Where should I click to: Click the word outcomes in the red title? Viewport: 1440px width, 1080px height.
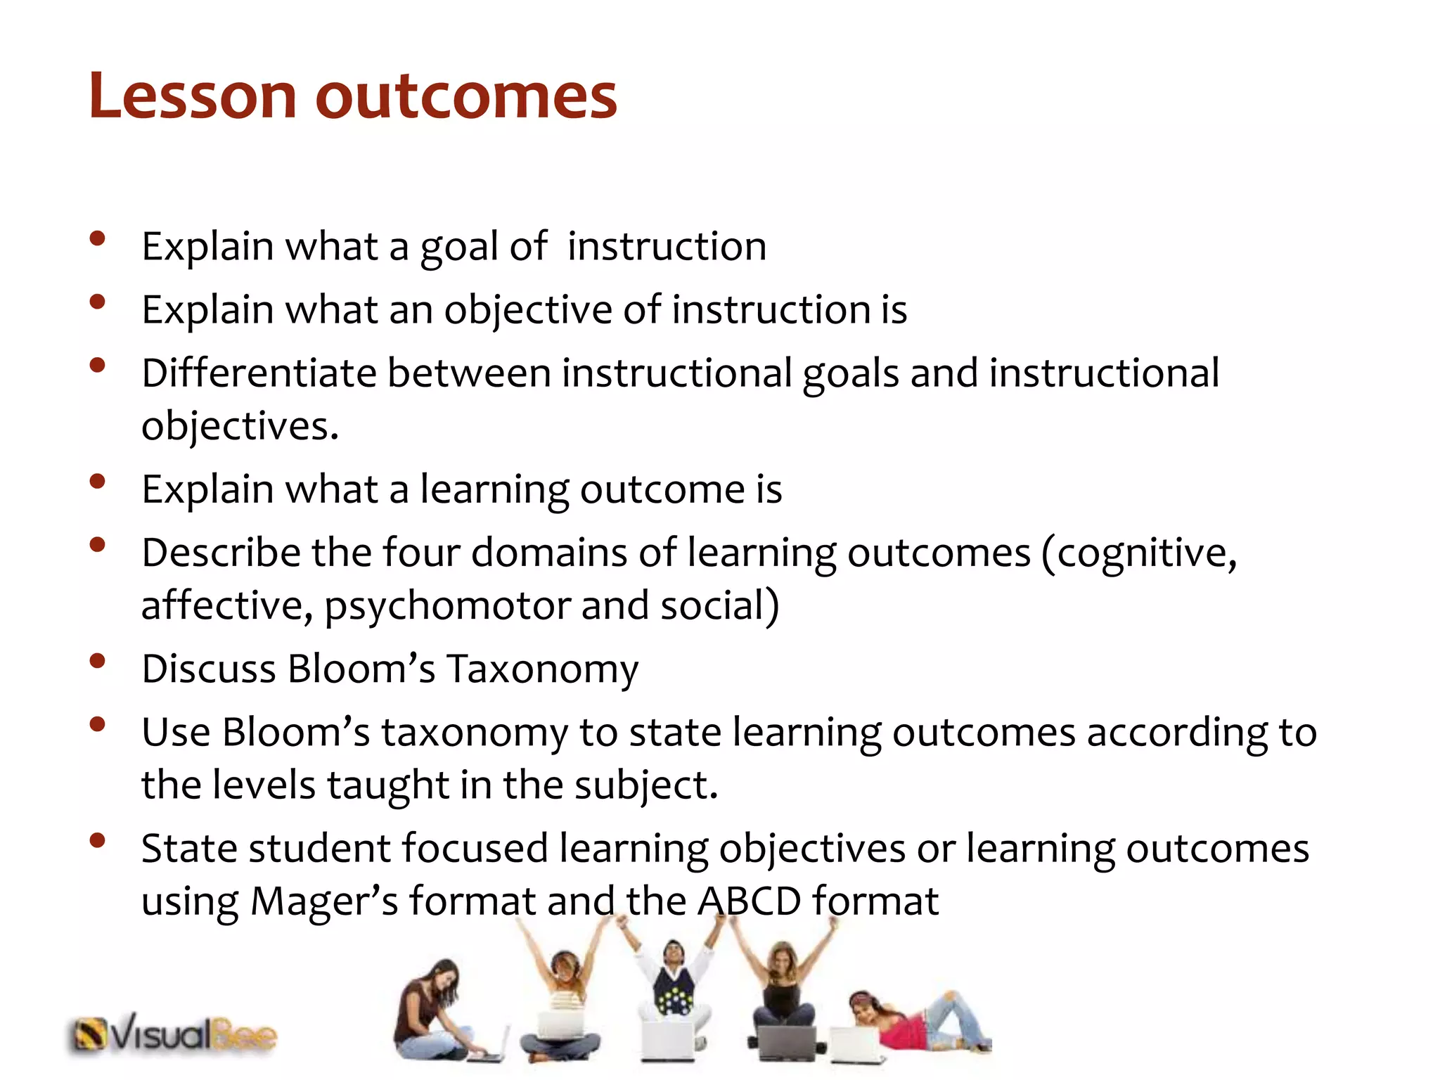point(466,96)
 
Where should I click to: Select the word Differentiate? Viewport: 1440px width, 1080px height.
point(259,373)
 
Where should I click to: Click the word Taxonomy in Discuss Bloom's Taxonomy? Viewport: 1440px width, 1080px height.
point(542,669)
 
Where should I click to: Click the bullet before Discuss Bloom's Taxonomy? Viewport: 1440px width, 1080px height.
point(98,661)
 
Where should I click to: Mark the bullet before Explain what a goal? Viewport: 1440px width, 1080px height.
point(98,238)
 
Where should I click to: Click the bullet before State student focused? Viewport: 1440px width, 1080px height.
point(98,840)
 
